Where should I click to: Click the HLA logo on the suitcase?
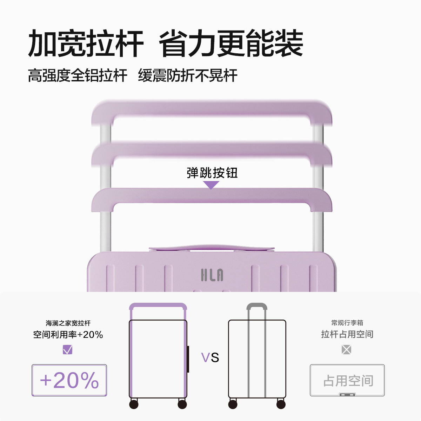[212, 275]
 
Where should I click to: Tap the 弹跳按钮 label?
[212, 173]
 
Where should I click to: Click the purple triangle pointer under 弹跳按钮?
[211, 185]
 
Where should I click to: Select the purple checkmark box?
[67, 349]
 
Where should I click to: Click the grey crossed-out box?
[346, 349]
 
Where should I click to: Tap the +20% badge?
[69, 380]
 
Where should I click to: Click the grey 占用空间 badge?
[347, 380]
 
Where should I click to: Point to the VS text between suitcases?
[210, 357]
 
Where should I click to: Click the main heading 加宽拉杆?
[86, 44]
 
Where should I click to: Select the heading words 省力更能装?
[231, 44]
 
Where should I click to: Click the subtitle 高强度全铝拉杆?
[78, 75]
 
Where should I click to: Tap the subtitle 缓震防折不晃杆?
[188, 75]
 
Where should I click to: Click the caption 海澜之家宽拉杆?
[68, 323]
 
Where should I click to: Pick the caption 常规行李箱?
[347, 323]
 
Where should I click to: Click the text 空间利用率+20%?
[68, 335]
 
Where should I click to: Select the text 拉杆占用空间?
[347, 334]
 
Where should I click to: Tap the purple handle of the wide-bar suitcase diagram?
[158, 306]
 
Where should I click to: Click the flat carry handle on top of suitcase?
[211, 248]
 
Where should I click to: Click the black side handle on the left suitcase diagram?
[188, 359]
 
